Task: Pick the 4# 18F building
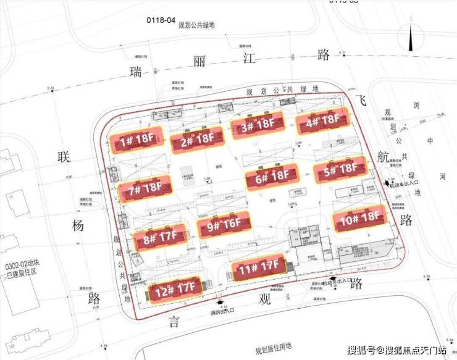323,120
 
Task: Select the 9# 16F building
224,226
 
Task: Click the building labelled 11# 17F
258,268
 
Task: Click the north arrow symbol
410,38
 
